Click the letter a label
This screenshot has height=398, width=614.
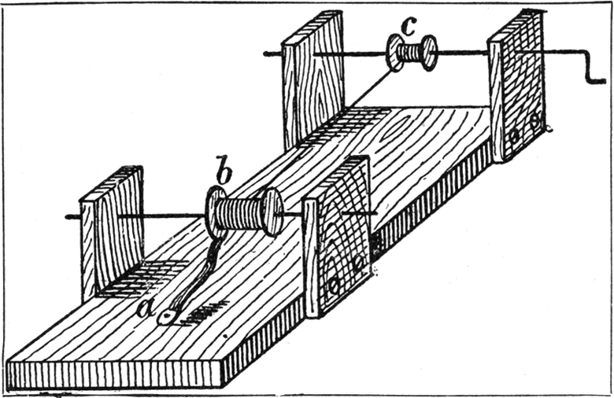tap(143, 309)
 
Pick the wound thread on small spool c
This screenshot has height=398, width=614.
tap(410, 53)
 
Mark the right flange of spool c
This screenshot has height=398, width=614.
tap(429, 53)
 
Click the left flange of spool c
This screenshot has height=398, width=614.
tap(394, 53)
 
